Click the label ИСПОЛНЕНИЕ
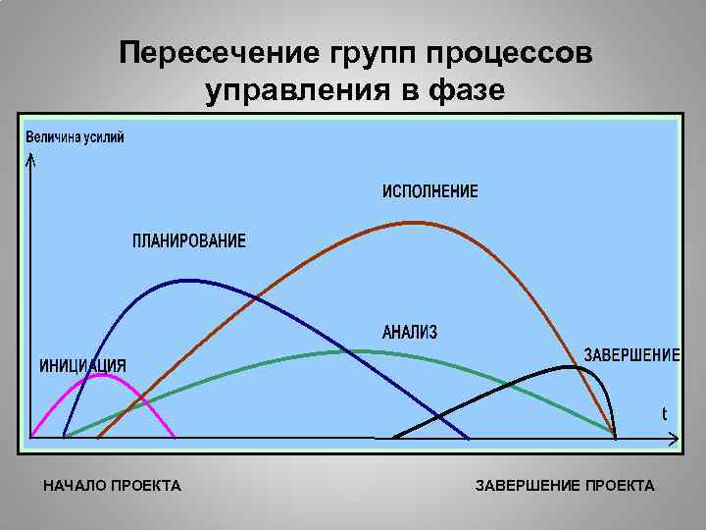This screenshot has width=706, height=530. pyautogui.click(x=430, y=191)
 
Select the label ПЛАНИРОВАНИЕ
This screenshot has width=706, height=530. pyautogui.click(x=190, y=241)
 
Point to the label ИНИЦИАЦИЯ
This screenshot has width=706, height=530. pyautogui.click(x=82, y=366)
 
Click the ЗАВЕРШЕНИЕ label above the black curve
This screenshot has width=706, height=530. pyautogui.click(x=631, y=354)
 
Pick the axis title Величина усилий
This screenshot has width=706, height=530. pyautogui.click(x=75, y=136)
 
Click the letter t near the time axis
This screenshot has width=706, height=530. pyautogui.click(x=664, y=414)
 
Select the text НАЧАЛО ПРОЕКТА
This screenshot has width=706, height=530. pyautogui.click(x=113, y=486)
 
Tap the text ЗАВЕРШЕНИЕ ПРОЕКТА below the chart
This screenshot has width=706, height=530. pyautogui.click(x=565, y=486)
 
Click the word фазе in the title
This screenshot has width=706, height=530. pyautogui.click(x=467, y=90)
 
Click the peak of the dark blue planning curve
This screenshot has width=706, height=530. pyautogui.click(x=186, y=281)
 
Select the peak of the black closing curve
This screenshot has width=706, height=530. pyautogui.click(x=569, y=367)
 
